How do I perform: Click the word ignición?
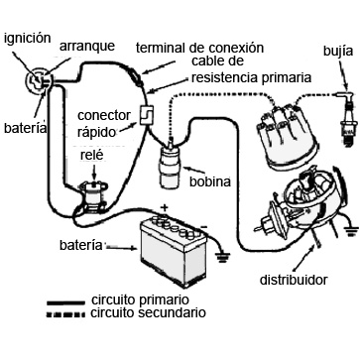point(28,39)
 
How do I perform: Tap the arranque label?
point(87,47)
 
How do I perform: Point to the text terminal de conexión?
point(200,49)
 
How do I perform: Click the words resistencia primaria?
point(252,78)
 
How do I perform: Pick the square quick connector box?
point(146,115)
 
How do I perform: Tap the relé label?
point(91,156)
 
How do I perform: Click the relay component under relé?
point(94,197)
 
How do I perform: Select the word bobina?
point(210,181)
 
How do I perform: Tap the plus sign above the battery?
point(165,207)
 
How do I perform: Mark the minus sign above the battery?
point(204,227)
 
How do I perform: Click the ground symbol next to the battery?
point(223,257)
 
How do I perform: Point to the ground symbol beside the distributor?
point(351,230)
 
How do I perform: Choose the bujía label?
point(338,53)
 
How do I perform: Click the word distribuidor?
point(294,280)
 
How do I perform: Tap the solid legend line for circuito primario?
point(65,302)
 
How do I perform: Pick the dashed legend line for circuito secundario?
point(65,313)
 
